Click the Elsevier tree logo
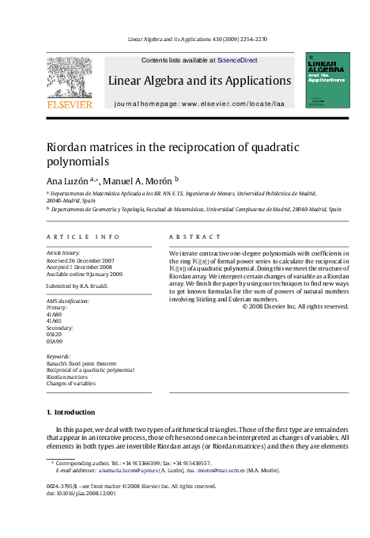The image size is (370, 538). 70,76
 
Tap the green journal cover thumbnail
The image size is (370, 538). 327,80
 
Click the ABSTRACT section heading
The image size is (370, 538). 194,237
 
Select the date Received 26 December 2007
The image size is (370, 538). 80,260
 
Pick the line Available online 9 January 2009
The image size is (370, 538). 85,274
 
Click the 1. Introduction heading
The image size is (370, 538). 70,412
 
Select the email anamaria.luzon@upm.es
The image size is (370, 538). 128,470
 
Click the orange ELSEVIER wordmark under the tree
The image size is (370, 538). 70,104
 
